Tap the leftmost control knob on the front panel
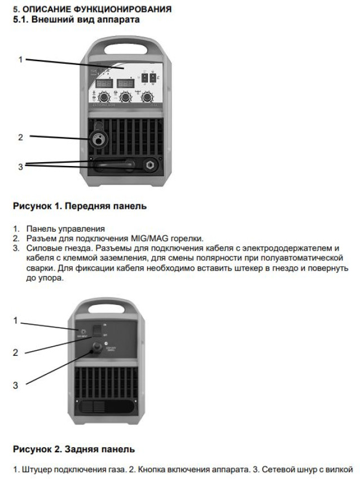tap(104, 97)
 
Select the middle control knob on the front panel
tap(125, 97)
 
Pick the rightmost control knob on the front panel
tap(147, 97)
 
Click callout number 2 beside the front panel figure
tap(20, 137)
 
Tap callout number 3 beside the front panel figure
tap(20, 167)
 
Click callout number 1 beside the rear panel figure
tap(16, 320)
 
